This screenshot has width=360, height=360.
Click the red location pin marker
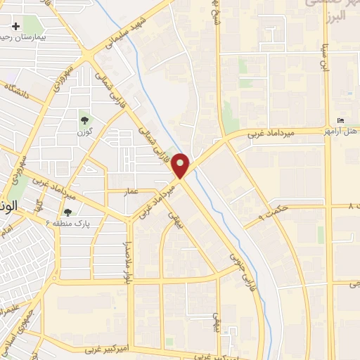(181, 166)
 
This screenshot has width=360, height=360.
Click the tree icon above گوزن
(85, 120)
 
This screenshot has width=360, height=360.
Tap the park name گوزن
(85, 131)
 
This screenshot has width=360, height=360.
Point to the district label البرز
(340, 15)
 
